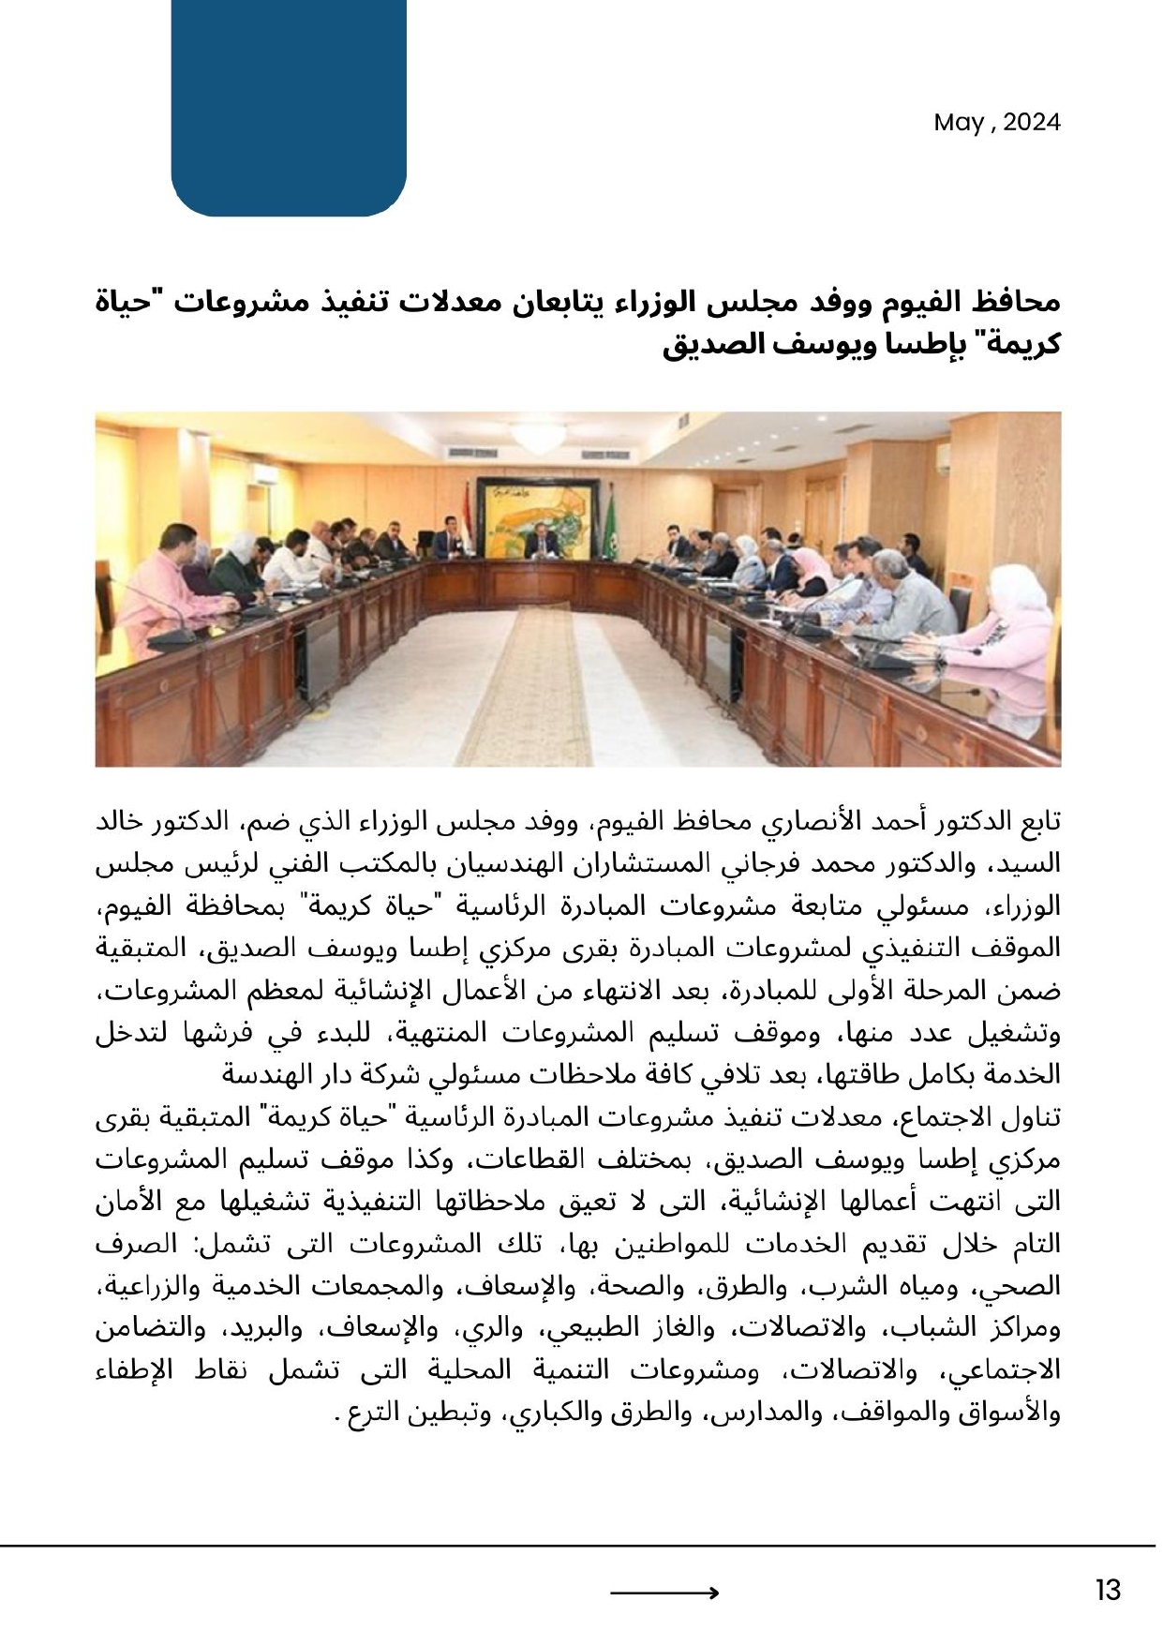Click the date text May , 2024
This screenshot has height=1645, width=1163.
click(x=996, y=123)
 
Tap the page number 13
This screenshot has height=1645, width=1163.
click(x=1107, y=1590)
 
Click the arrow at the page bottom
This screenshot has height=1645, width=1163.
click(x=664, y=1592)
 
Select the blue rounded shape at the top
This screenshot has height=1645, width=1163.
click(x=289, y=108)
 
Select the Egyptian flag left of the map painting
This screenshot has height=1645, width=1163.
click(x=468, y=511)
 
